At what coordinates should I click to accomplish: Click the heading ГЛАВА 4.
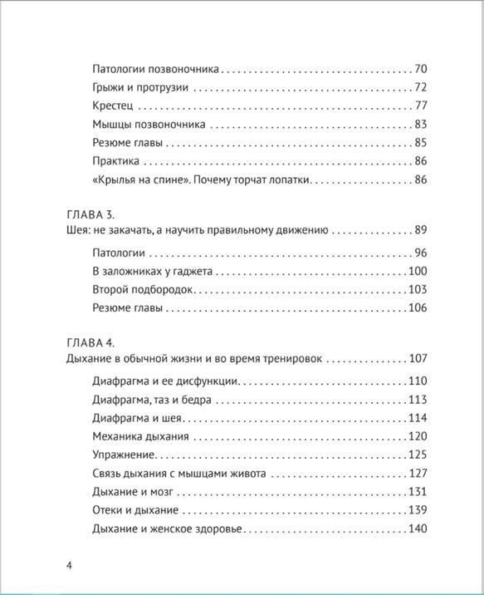click(90, 342)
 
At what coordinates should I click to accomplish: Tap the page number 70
click(419, 69)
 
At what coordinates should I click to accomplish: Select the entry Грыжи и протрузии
click(140, 87)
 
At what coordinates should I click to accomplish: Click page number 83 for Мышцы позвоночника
click(419, 125)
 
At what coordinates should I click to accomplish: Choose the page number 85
click(419, 143)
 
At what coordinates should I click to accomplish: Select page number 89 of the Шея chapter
click(419, 231)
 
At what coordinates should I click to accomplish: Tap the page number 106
click(417, 308)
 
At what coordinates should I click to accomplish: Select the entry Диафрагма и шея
click(136, 418)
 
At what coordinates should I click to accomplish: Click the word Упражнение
click(121, 455)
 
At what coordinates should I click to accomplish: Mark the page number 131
click(417, 492)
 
